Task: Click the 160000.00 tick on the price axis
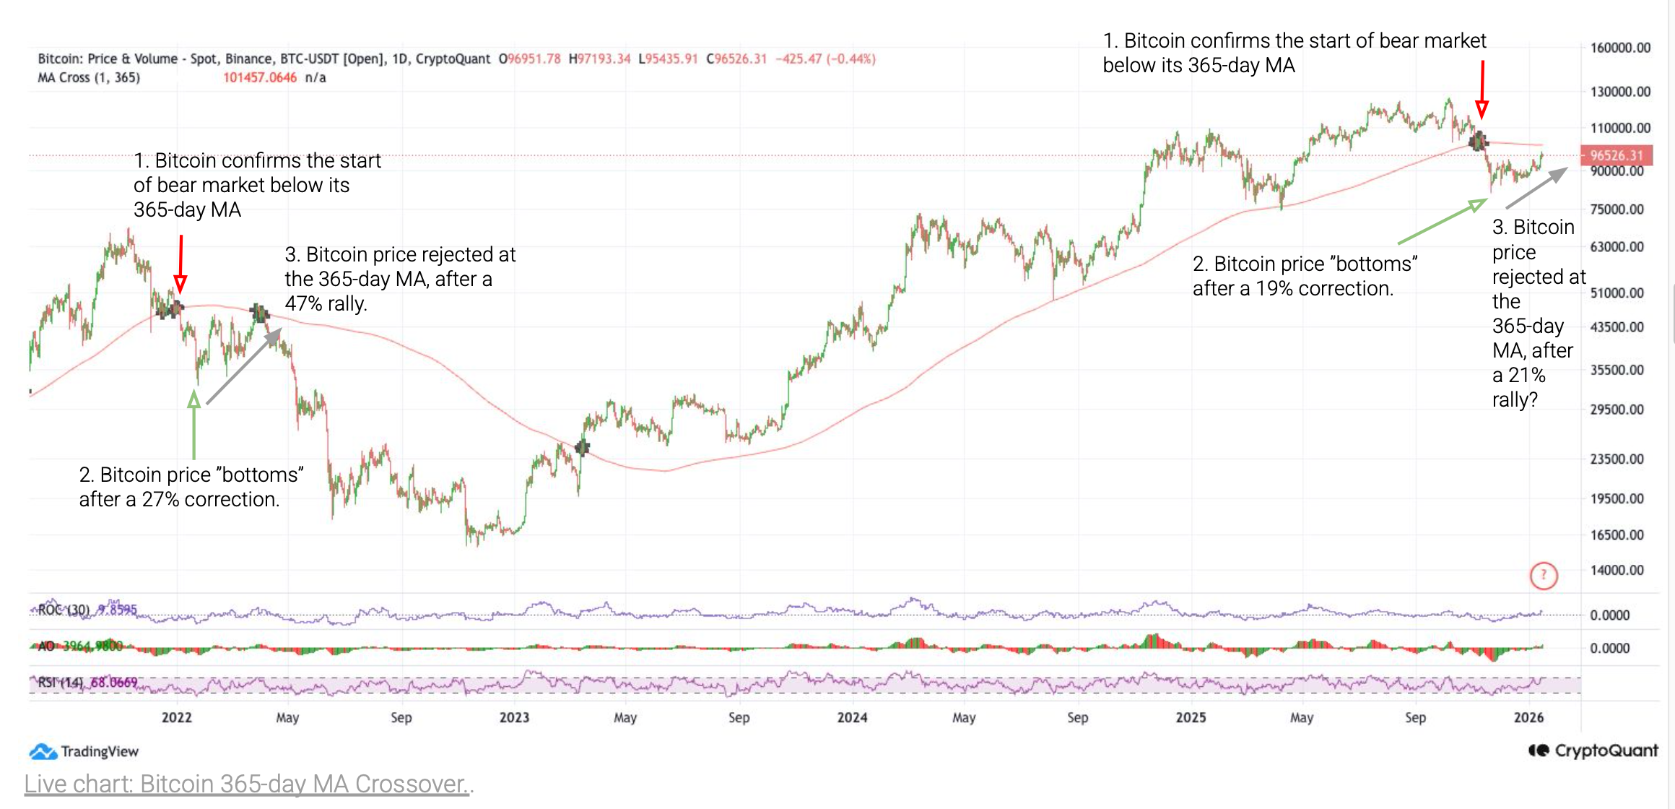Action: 1619,48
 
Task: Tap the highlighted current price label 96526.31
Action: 1616,155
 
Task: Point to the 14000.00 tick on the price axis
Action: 1617,570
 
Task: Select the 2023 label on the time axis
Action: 514,717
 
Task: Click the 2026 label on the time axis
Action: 1528,717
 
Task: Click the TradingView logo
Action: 84,751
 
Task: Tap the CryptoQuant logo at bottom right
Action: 1593,750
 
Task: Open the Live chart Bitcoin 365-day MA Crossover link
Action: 248,784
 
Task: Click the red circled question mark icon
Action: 1544,576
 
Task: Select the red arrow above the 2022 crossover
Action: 180,264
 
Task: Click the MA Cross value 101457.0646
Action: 259,77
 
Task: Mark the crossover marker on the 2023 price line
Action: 582,448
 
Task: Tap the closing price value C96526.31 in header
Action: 736,59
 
